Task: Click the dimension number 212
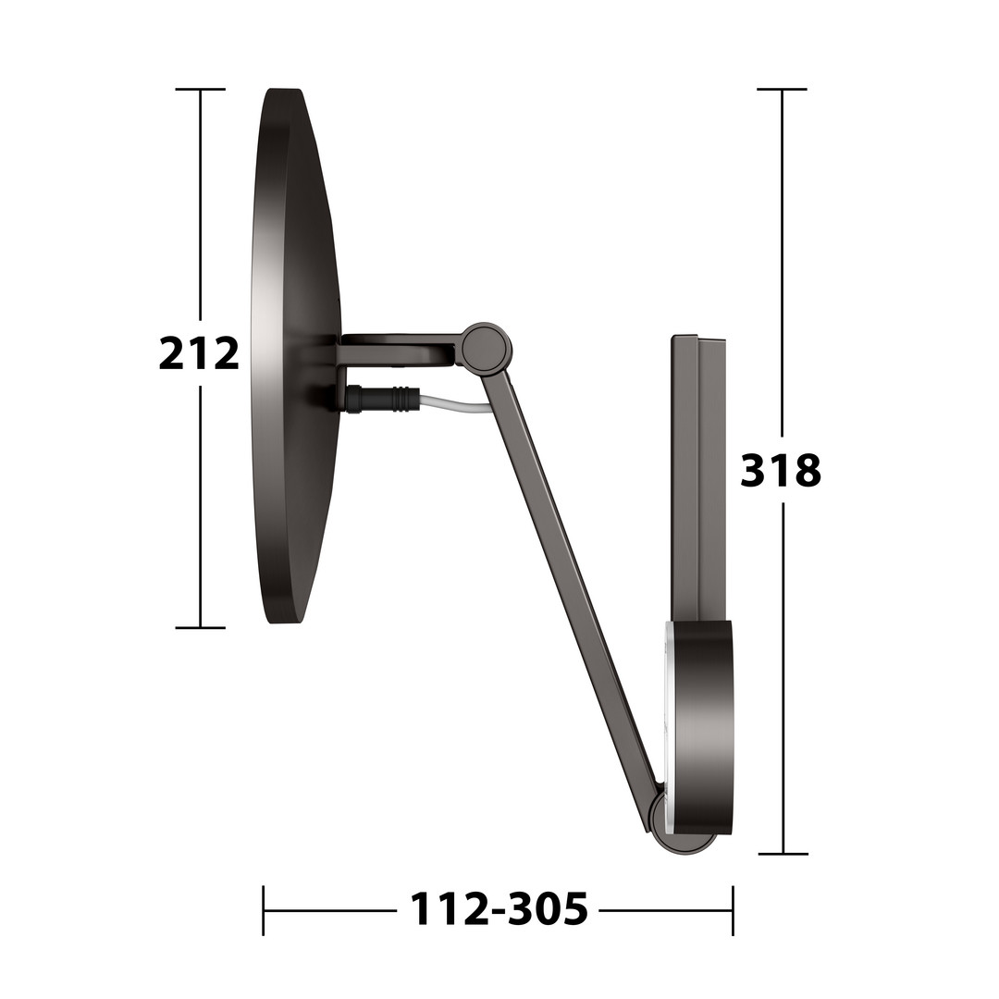[x=199, y=353]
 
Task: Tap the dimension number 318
[x=781, y=471]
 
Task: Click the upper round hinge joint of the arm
[x=487, y=348]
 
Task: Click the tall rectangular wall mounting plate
[x=698, y=478]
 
